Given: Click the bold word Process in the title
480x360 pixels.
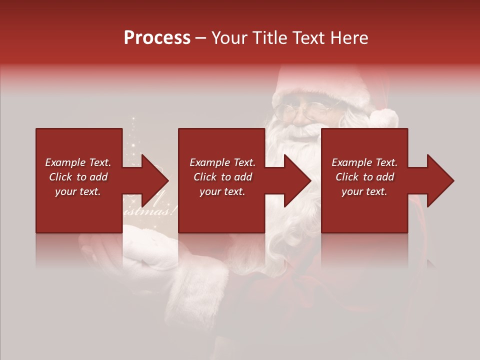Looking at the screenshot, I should click(x=157, y=38).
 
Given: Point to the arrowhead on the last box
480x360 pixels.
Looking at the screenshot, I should click(x=439, y=180).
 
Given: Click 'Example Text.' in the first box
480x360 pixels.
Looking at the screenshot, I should click(x=78, y=162).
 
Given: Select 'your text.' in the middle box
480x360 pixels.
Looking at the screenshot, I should click(x=222, y=191).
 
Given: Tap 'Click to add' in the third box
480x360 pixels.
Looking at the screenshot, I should click(x=364, y=177).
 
